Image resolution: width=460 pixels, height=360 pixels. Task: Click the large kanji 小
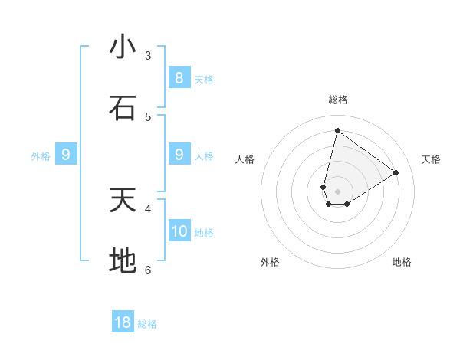pos(123,47)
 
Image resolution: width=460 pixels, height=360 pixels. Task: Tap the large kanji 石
pos(123,108)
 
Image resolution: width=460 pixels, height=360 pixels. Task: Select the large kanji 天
pos(123,200)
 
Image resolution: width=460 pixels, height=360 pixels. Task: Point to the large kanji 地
pos(123,261)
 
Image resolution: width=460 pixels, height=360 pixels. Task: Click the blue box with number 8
pos(179,78)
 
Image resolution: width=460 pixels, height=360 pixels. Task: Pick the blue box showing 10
pos(179,231)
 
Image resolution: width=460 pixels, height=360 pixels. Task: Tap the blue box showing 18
pos(123,322)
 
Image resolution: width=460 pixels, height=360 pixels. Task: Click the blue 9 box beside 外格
pos(66,155)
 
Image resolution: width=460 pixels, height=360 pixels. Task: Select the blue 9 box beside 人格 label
pos(179,155)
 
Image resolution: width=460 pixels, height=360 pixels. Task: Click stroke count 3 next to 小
pos(148,55)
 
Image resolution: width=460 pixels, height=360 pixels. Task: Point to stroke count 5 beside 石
pos(148,116)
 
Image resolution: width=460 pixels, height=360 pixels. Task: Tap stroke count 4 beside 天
pos(148,208)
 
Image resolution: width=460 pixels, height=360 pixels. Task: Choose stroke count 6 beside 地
pos(148,270)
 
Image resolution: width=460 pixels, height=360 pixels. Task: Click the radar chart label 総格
pos(337,100)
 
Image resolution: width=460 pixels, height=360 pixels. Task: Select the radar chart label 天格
pos(432,159)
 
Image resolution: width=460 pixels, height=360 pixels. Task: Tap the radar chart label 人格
pos(245,159)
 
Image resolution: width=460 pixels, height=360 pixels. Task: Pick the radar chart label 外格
pos(270,262)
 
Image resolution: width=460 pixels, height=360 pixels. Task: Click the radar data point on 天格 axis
pos(396,172)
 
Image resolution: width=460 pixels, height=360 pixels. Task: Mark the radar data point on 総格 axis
pos(337,130)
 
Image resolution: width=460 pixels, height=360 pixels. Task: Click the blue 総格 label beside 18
pos(147,324)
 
